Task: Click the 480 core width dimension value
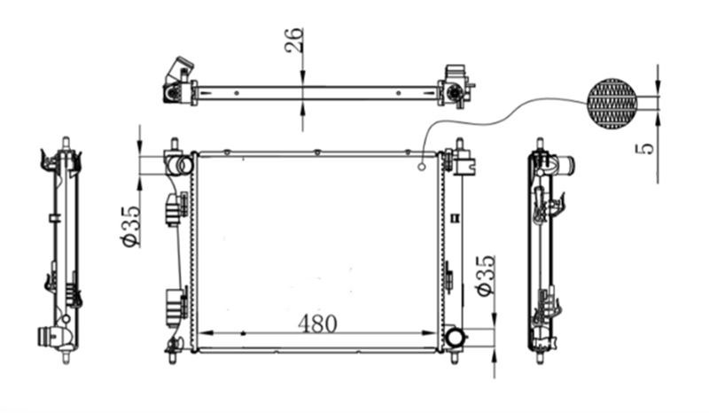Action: [x=317, y=323]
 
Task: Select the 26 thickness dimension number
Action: [x=294, y=40]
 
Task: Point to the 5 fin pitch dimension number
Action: [x=648, y=149]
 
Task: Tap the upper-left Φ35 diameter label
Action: [x=130, y=226]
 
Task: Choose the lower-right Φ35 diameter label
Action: [x=486, y=276]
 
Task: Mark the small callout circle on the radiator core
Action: [x=422, y=168]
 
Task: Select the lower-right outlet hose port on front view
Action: [x=455, y=338]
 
